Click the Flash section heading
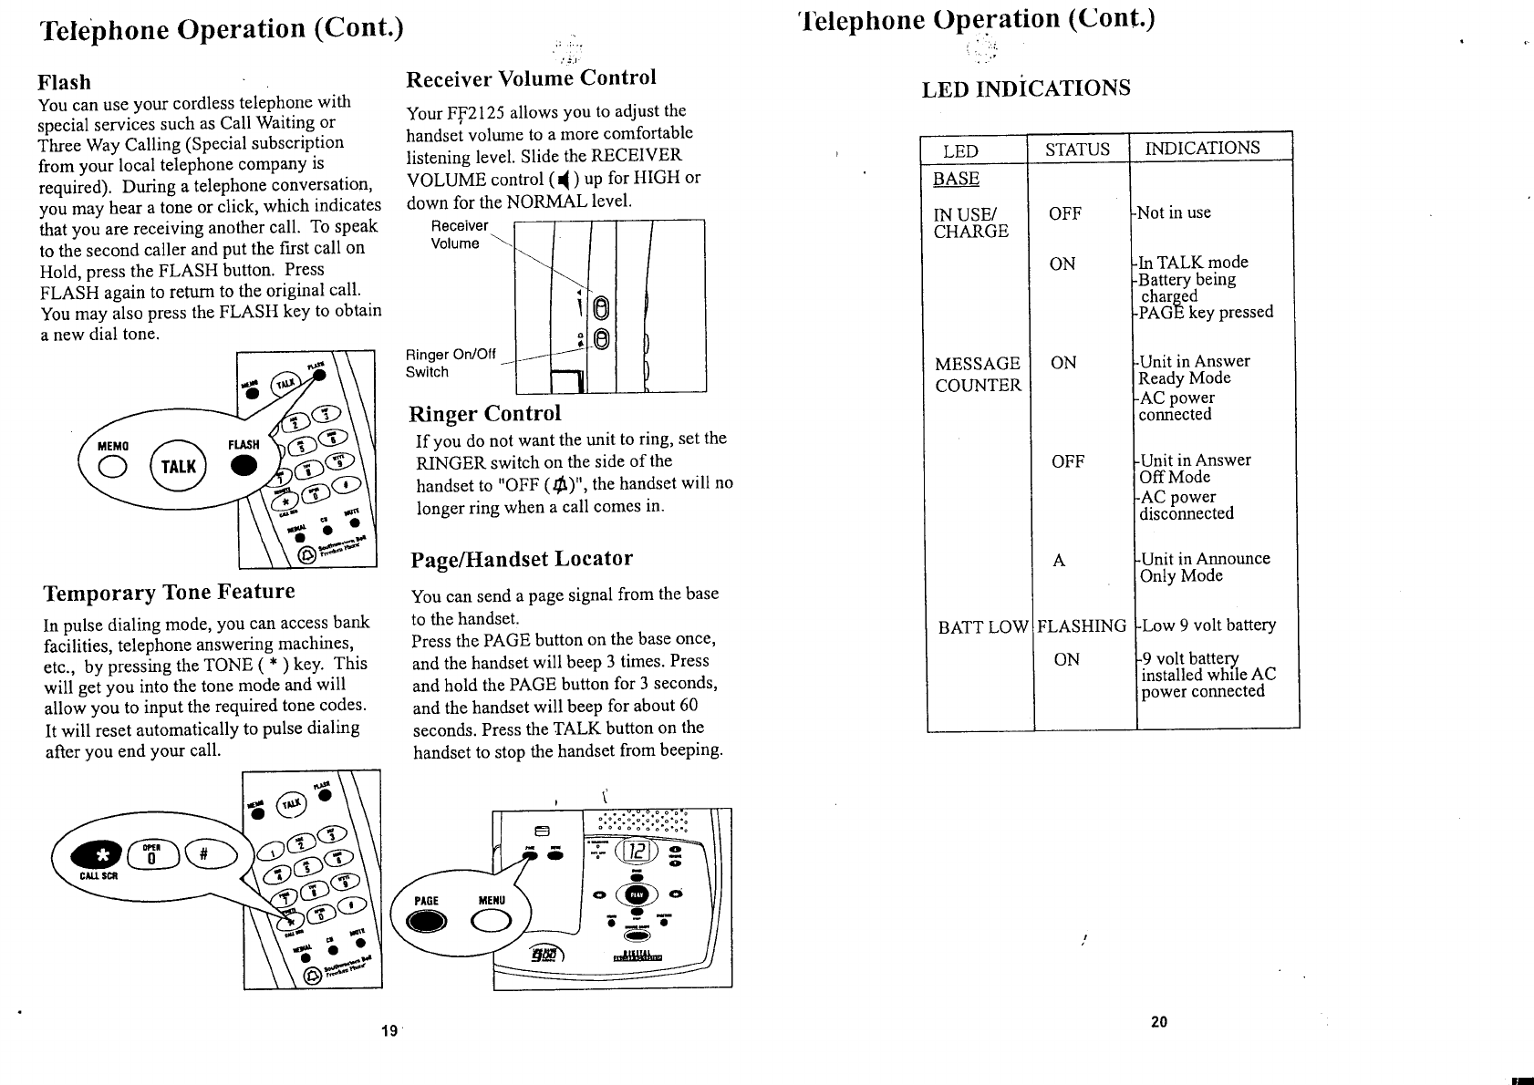(64, 82)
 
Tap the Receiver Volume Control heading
(531, 78)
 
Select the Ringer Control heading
(484, 414)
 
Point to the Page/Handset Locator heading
(522, 559)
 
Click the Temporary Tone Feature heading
(170, 593)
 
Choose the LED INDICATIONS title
(1026, 88)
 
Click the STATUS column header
(1077, 150)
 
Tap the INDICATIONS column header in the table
(1202, 148)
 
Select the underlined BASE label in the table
(956, 179)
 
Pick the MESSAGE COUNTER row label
(978, 374)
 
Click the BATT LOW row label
(982, 626)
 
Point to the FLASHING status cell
(1082, 626)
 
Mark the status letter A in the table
(1059, 561)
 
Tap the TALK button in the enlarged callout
(179, 467)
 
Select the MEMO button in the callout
(114, 467)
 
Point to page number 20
(1159, 1021)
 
